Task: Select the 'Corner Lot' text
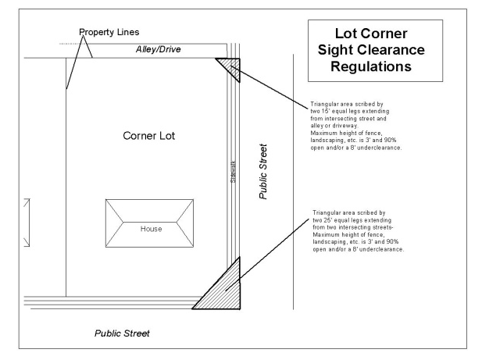149,136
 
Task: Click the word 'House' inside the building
151,229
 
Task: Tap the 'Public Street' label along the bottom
122,333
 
